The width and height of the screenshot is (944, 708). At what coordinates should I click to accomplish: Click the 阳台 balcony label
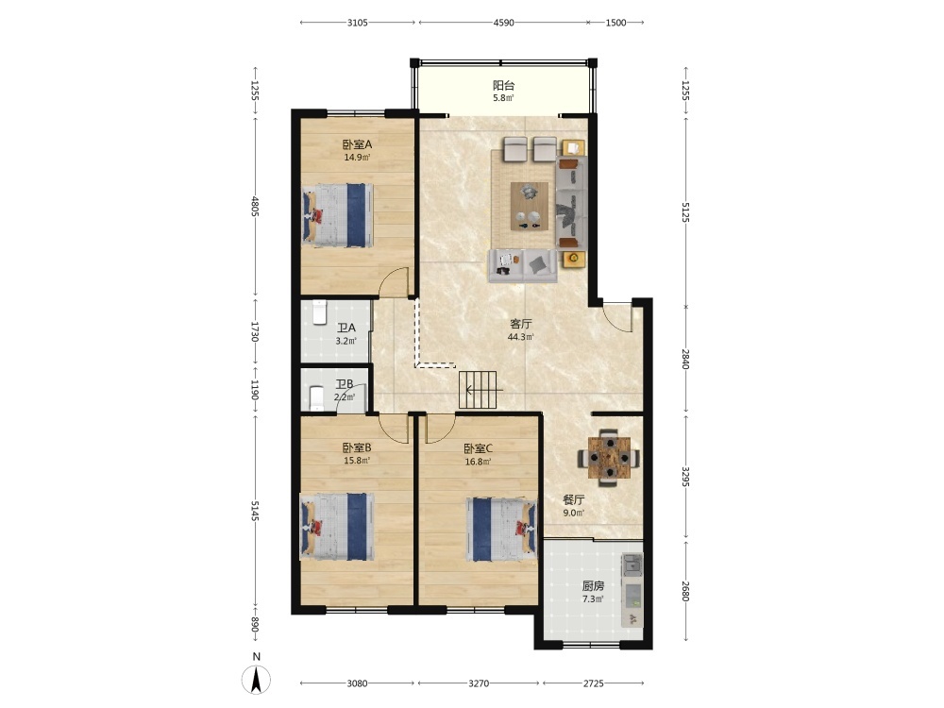click(503, 86)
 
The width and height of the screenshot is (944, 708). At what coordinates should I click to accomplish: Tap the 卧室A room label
click(357, 144)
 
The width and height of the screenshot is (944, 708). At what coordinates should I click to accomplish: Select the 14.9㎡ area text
click(357, 158)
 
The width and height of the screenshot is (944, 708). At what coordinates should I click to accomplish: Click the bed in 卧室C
click(501, 530)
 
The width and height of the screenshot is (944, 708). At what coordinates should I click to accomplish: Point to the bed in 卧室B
click(337, 527)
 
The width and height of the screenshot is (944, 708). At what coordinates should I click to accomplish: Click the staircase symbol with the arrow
click(478, 390)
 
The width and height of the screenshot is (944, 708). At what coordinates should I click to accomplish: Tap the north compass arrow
click(257, 681)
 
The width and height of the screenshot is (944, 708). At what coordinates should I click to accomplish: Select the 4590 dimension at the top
click(503, 23)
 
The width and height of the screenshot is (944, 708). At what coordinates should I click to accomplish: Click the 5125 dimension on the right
click(685, 211)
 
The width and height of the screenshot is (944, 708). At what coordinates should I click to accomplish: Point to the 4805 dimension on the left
click(255, 207)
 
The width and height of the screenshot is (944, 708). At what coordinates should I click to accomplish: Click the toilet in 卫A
click(318, 312)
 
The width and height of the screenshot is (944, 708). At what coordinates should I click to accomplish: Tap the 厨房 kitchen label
click(593, 585)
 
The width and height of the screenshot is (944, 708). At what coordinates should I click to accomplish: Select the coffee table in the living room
click(530, 206)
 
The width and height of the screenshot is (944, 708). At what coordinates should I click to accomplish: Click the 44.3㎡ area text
click(521, 337)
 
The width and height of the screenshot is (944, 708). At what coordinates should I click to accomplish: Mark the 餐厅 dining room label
click(574, 499)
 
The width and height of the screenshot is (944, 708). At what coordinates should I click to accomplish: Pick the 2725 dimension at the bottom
click(593, 683)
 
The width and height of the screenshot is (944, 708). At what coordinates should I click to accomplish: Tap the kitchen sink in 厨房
click(632, 565)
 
